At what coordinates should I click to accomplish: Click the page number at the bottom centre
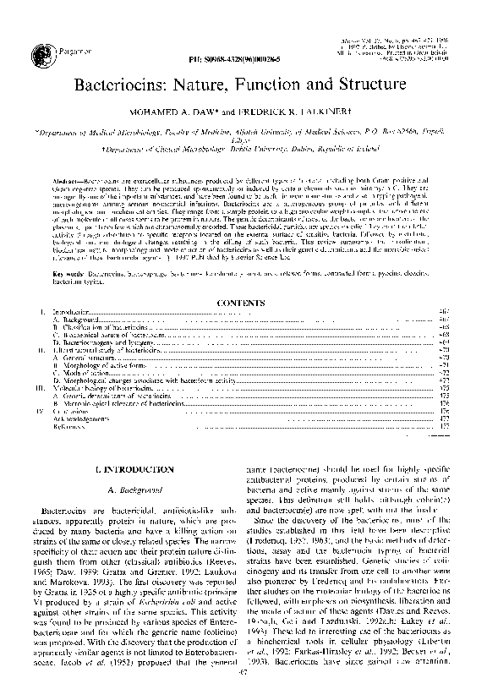(243, 692)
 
